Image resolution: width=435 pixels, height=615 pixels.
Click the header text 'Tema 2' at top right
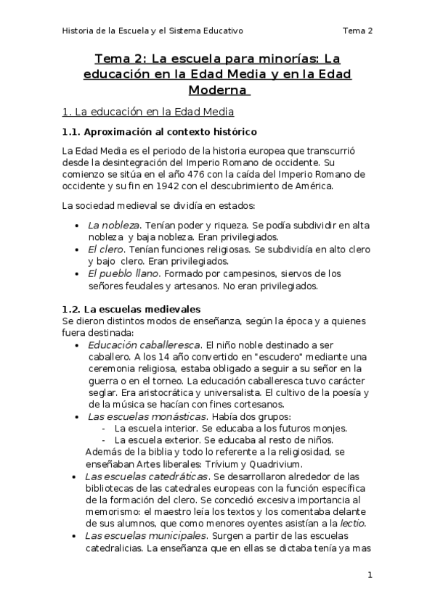358,30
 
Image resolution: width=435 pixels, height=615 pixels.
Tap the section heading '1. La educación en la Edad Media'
148,112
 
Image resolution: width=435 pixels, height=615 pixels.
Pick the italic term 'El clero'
105,249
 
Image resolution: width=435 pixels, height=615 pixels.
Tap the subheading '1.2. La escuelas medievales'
131,310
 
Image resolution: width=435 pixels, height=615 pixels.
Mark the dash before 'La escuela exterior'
106,439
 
